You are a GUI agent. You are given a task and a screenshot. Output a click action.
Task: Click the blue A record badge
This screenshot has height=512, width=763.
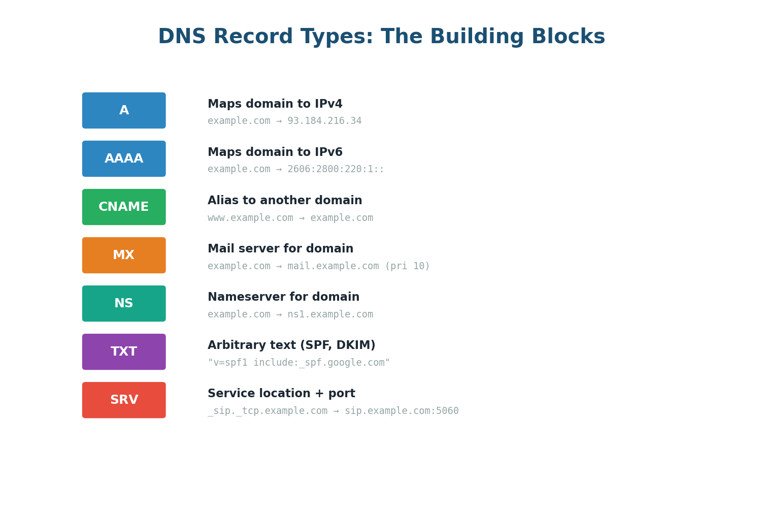(124, 110)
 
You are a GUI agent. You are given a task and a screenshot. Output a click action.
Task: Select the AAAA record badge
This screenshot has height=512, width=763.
(124, 158)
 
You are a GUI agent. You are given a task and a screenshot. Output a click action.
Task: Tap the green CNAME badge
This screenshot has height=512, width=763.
(124, 207)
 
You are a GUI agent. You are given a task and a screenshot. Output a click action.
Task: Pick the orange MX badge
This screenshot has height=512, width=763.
(124, 255)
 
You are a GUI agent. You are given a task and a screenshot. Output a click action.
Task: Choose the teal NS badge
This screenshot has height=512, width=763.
(124, 303)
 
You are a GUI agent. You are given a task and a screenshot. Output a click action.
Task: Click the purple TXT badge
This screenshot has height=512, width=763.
(124, 351)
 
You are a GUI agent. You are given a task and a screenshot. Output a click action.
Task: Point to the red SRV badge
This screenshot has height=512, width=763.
(124, 400)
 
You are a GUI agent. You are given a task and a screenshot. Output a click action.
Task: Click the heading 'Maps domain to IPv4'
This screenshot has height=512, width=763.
(275, 104)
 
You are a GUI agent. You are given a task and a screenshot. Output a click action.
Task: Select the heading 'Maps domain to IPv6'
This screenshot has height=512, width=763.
(275, 152)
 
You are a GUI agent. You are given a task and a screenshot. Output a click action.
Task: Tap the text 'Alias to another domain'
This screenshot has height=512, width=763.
(285, 201)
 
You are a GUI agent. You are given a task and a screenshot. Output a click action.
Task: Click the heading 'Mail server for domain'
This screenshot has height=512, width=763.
(280, 249)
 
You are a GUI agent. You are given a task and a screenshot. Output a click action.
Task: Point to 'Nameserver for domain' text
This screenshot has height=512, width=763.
(283, 297)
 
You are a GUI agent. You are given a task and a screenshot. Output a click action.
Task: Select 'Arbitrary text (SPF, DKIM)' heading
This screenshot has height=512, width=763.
(291, 345)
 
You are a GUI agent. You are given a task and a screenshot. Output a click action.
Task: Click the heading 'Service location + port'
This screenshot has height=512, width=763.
(281, 394)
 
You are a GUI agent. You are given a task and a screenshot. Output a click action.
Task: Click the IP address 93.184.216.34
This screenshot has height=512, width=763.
(324, 121)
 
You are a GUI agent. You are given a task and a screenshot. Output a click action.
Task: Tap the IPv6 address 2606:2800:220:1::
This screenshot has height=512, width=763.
(336, 169)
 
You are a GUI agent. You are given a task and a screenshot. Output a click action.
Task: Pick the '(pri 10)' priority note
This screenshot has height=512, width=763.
(407, 266)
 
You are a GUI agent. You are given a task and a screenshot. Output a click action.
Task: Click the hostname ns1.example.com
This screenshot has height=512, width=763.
(330, 314)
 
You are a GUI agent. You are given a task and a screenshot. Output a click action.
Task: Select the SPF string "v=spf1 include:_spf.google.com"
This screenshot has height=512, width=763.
(298, 363)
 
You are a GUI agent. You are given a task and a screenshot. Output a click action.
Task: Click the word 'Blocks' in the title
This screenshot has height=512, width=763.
(568, 37)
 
